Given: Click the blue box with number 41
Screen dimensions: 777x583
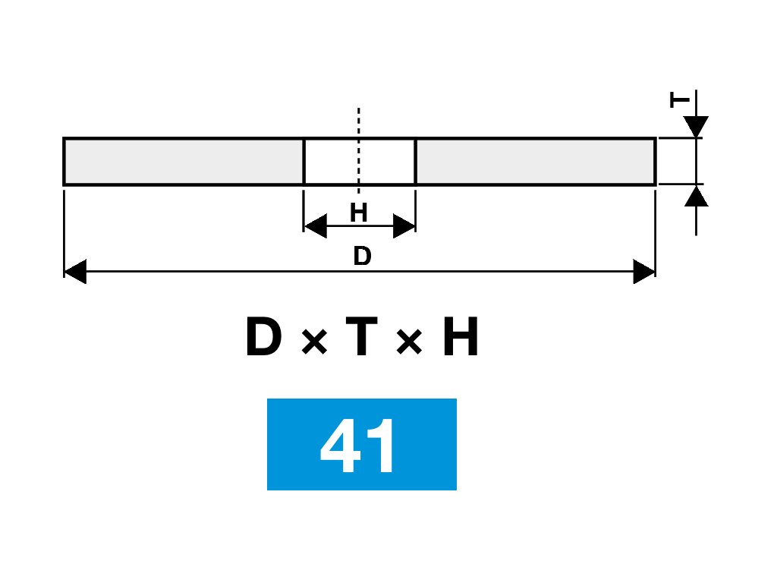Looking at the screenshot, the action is (x=362, y=444).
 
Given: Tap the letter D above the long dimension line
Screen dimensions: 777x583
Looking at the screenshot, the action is (x=362, y=257).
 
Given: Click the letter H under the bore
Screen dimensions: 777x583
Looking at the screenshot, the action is (x=359, y=213).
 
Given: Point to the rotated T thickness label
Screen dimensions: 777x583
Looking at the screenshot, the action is (x=681, y=99).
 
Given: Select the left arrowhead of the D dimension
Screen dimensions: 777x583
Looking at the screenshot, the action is (x=75, y=271).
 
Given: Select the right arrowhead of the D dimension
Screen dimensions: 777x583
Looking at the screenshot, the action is (x=643, y=271).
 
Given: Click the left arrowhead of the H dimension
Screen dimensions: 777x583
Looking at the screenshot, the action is (x=315, y=225).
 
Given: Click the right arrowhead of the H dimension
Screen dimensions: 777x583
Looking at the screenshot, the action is (x=404, y=225).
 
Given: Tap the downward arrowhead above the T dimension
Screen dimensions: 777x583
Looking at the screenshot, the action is (x=696, y=127).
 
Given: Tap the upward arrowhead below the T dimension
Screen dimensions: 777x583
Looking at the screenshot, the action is (x=696, y=196).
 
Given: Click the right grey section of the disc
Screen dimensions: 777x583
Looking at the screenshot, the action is (x=535, y=162).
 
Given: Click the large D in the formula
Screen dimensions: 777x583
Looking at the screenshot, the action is (x=263, y=339).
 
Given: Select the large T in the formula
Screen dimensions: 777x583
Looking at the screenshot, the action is (x=360, y=339).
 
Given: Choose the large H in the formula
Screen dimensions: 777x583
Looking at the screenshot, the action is (x=461, y=339).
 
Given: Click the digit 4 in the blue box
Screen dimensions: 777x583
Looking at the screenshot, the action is (x=340, y=446).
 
